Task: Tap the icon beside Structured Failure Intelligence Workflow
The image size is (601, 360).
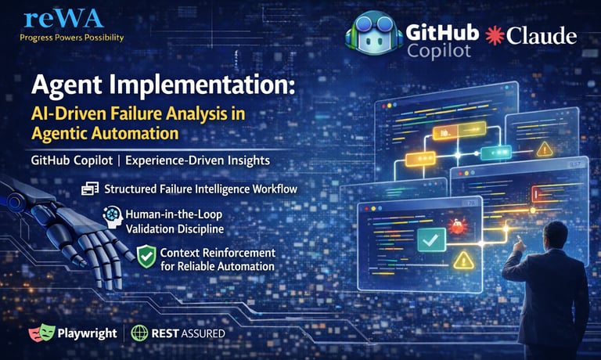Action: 90,189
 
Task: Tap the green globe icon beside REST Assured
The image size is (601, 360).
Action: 139,333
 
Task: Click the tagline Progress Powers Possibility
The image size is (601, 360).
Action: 71,38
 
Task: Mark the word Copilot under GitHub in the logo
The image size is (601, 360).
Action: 440,50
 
